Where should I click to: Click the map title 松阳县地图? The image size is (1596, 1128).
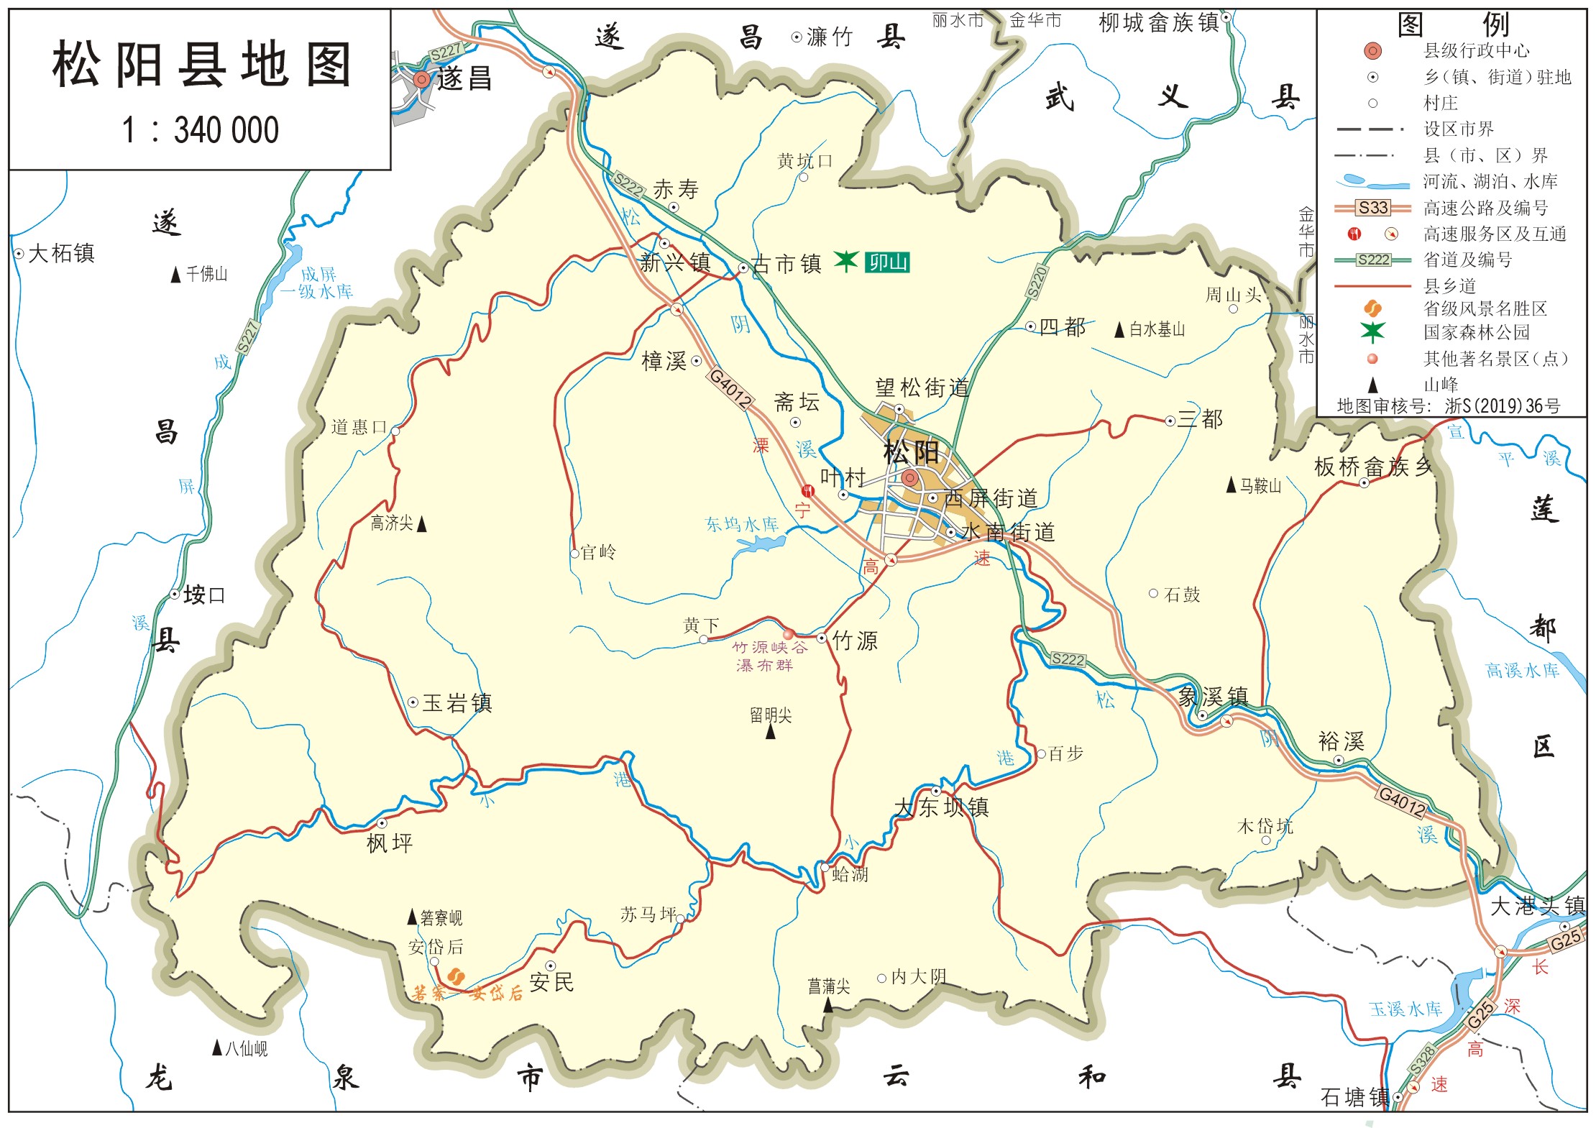point(201,65)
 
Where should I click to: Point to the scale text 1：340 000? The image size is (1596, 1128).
point(201,131)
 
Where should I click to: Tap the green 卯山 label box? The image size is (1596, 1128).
point(887,262)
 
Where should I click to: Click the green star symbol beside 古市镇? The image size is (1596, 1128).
point(846,260)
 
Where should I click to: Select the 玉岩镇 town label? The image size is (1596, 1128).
point(457,703)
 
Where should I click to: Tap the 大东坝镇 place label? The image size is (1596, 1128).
point(941,807)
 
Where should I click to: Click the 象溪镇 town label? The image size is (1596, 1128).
point(1213,697)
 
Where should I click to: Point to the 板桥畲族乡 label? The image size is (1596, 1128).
point(1373,467)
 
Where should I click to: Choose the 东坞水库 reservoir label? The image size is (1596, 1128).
point(742,524)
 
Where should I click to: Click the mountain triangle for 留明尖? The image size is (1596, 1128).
point(771,732)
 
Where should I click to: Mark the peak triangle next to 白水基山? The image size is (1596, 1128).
point(1119,330)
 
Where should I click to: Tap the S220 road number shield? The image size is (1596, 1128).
point(1037,282)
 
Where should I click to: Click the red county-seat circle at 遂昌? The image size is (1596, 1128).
point(422,79)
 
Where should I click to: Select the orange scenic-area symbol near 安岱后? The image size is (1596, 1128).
point(456,976)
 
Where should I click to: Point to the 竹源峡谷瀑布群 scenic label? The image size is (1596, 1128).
point(766,656)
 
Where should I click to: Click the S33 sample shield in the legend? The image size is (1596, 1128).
point(1372,208)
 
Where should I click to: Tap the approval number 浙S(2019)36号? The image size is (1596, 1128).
point(1503,406)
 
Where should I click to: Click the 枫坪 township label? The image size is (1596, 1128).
point(390,843)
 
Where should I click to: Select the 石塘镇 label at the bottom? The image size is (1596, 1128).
point(1354,1097)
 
